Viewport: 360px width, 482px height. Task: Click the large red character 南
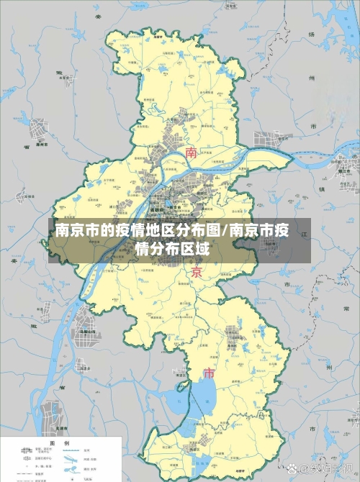pos(192,153)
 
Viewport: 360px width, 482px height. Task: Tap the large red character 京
pos(197,273)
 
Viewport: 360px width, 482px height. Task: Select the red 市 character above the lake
pos(210,374)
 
